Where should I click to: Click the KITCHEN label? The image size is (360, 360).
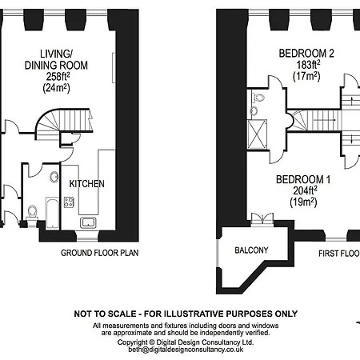coord(86,184)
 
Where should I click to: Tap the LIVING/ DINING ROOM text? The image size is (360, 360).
coord(56,58)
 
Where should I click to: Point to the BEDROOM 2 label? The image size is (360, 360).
coord(306,54)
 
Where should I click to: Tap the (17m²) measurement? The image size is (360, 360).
coord(306,78)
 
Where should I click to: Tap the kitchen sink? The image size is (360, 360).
coord(88,221)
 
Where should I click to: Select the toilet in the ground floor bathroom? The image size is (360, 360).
coord(32,212)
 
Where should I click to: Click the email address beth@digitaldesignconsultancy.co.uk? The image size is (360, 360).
coord(186,350)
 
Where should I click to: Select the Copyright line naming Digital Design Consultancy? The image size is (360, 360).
coord(186,342)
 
